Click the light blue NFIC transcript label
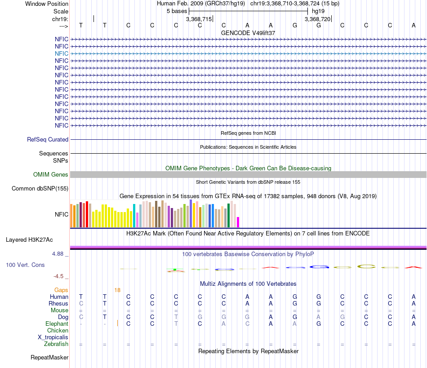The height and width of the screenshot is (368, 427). coord(62,53)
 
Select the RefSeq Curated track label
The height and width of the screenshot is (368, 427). coord(48,140)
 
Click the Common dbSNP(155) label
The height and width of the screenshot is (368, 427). coord(40,189)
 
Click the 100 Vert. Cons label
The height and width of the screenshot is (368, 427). coord(25,265)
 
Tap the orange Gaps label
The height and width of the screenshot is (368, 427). coord(61,290)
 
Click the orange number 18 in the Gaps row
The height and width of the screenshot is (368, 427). coord(117,290)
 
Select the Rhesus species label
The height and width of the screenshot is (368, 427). coord(58,304)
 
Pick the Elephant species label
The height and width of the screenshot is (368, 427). coord(57,324)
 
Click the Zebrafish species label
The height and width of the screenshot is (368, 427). coord(56,344)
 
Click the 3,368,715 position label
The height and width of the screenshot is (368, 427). coord(199,19)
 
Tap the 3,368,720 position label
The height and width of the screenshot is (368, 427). coord(317,19)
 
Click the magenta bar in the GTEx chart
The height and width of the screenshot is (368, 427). coord(238,222)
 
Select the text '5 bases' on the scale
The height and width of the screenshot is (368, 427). coord(177,11)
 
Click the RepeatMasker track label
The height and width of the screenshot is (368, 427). coord(49,358)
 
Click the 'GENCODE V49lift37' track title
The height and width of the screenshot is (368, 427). coord(248,33)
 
